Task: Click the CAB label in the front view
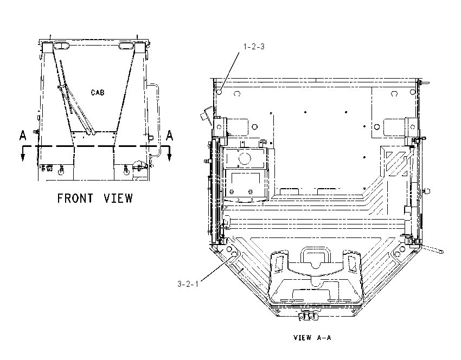tap(98, 93)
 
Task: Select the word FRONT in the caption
tap(75, 198)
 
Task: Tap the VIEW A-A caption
tap(312, 338)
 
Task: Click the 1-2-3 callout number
tap(254, 47)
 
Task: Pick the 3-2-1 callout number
tap(188, 284)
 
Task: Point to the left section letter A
tap(23, 136)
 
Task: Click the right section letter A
tap(169, 136)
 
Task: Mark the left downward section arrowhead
tap(23, 157)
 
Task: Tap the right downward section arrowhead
tap(169, 157)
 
